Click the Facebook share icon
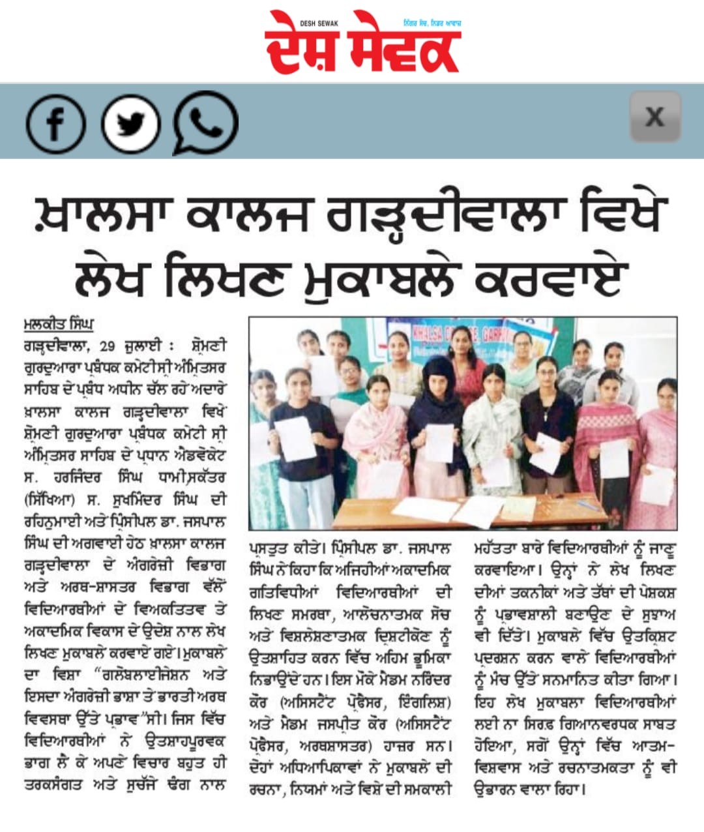pos(55,124)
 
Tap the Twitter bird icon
pos(130,124)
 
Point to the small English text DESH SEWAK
pos(319,23)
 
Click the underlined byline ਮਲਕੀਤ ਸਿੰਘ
pos(59,323)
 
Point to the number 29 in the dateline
pos(108,346)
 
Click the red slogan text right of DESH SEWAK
pos(432,23)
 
